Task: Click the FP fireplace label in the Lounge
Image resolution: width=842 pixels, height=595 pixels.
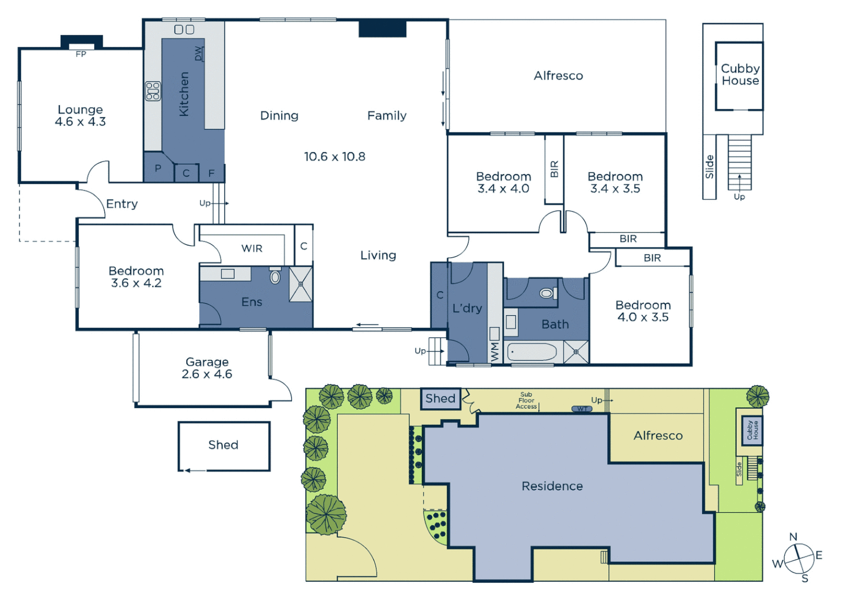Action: click(x=81, y=54)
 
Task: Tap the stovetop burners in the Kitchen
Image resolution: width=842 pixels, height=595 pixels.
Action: click(x=153, y=91)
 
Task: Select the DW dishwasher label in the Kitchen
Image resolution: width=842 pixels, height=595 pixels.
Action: click(x=198, y=53)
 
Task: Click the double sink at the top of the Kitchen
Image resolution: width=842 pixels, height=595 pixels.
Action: click(x=184, y=29)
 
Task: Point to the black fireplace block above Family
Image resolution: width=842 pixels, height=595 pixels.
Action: click(x=382, y=29)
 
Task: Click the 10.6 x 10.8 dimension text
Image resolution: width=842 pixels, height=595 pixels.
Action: click(x=334, y=156)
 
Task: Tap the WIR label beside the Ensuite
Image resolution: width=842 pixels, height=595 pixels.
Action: click(x=252, y=248)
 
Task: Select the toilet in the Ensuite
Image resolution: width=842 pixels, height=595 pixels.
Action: click(x=275, y=276)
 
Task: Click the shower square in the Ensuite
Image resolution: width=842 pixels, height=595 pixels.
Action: click(x=301, y=284)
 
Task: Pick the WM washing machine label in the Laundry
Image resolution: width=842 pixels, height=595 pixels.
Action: click(x=494, y=351)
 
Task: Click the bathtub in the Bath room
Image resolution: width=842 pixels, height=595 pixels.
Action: click(x=532, y=352)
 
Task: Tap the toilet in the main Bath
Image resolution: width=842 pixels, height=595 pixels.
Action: click(x=547, y=293)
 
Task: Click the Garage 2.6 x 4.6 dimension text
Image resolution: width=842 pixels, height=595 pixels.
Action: click(x=207, y=374)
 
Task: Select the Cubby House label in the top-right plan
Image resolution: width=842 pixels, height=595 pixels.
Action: click(x=740, y=74)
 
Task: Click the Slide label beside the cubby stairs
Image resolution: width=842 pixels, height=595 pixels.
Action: click(x=710, y=166)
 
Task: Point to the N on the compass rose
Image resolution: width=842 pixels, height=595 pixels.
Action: click(x=793, y=537)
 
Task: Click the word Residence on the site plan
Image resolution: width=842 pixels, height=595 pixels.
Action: click(x=552, y=486)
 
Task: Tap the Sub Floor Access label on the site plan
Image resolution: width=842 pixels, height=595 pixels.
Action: click(x=526, y=401)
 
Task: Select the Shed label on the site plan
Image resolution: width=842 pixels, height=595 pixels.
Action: click(x=440, y=398)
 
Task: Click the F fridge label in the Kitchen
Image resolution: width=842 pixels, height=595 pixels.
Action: click(x=212, y=173)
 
